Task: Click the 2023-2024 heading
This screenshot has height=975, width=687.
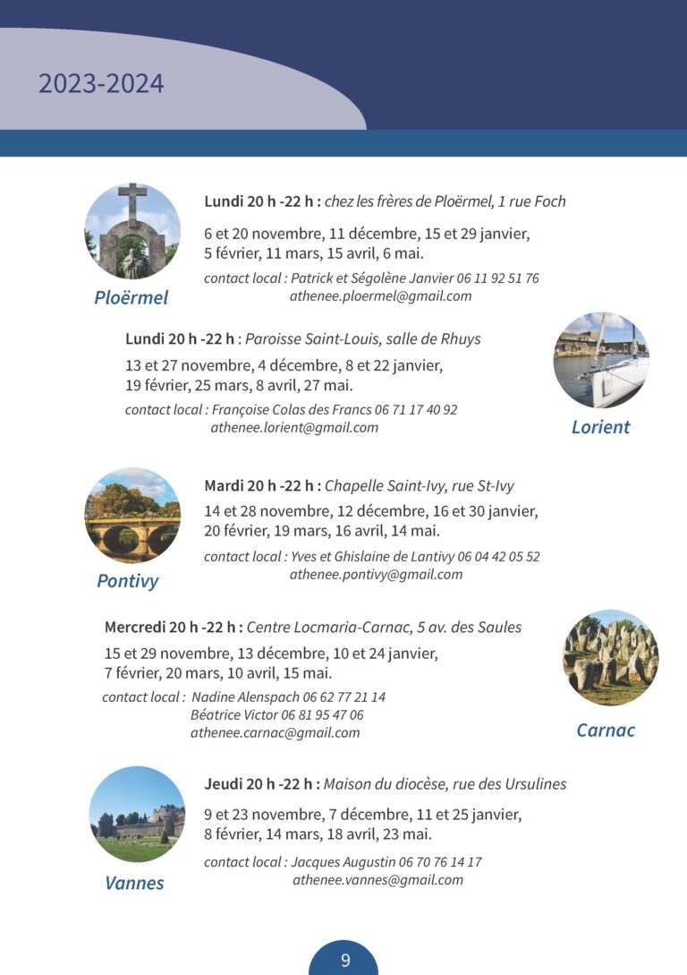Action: [x=101, y=84]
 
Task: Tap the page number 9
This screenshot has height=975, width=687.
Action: [x=344, y=961]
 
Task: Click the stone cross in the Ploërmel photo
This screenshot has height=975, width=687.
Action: [x=131, y=205]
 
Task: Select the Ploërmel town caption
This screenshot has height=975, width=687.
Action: [x=131, y=297]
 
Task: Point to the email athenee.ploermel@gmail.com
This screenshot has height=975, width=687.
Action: [x=380, y=296]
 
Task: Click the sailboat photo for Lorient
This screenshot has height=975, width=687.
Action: [x=600, y=360]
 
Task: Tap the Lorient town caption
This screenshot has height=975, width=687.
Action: [x=600, y=427]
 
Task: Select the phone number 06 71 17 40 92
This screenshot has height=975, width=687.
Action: [x=416, y=410]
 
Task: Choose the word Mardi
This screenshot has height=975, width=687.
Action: [x=225, y=486]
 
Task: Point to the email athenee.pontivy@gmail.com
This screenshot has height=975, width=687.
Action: [x=376, y=575]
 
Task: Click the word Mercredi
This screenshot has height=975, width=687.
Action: [x=135, y=627]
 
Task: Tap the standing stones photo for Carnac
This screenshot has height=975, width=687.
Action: [x=610, y=657]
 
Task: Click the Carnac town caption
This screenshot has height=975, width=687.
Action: [x=606, y=730]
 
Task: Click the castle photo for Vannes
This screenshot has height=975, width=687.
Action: [x=137, y=814]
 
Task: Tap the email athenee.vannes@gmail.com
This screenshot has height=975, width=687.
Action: [x=377, y=880]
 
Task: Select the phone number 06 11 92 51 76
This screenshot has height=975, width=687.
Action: [x=497, y=278]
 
